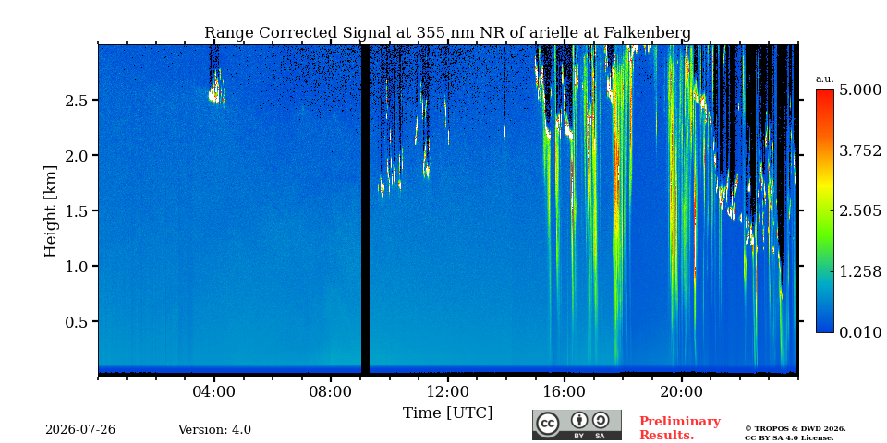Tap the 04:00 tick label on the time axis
(x=213, y=391)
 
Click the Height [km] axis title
(x=51, y=211)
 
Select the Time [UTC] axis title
(x=447, y=413)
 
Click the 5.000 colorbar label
(x=860, y=90)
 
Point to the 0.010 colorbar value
(x=860, y=332)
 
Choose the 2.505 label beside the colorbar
(x=860, y=211)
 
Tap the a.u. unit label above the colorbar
(x=825, y=79)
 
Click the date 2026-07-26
(x=80, y=430)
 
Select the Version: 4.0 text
(x=214, y=430)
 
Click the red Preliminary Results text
(x=680, y=427)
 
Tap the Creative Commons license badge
(x=577, y=425)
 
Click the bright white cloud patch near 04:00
(x=215, y=94)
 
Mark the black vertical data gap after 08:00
(x=366, y=210)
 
